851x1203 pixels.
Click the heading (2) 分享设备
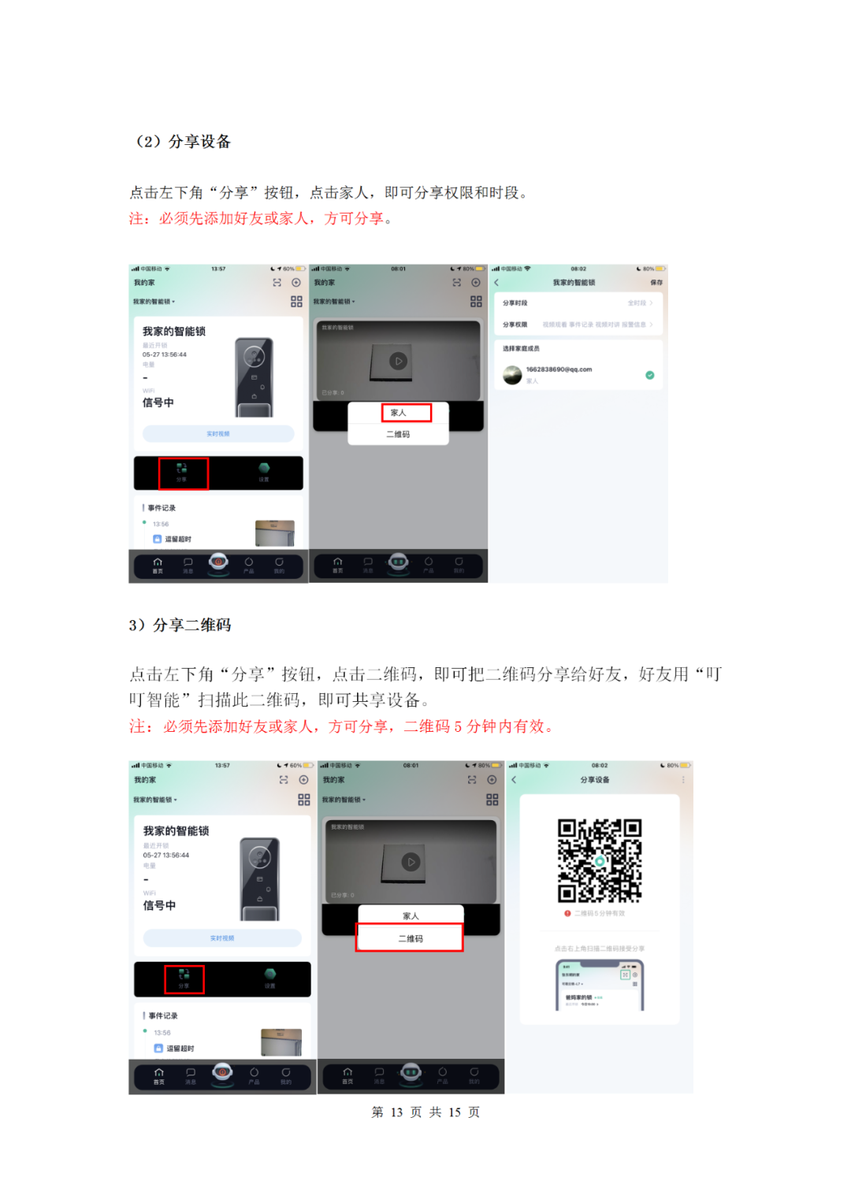click(184, 142)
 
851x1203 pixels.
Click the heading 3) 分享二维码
click(180, 625)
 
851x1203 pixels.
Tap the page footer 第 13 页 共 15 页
click(425, 1112)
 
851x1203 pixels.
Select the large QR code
click(600, 860)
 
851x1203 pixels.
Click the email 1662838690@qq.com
click(559, 369)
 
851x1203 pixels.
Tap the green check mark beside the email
click(650, 375)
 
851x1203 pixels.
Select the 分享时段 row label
click(515, 303)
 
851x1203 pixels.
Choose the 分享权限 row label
click(515, 325)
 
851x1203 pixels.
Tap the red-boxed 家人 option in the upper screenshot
click(407, 413)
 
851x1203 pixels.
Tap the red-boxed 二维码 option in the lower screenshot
click(410, 938)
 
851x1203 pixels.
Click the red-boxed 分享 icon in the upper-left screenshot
click(183, 473)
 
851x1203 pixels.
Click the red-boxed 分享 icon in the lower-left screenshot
click(184, 979)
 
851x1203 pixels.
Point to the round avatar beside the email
click(513, 375)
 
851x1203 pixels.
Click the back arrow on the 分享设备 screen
click(514, 780)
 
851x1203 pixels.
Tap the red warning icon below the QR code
click(567, 914)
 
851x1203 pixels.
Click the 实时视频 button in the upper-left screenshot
click(218, 434)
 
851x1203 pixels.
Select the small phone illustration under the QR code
click(600, 985)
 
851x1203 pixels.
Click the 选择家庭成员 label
click(521, 348)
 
